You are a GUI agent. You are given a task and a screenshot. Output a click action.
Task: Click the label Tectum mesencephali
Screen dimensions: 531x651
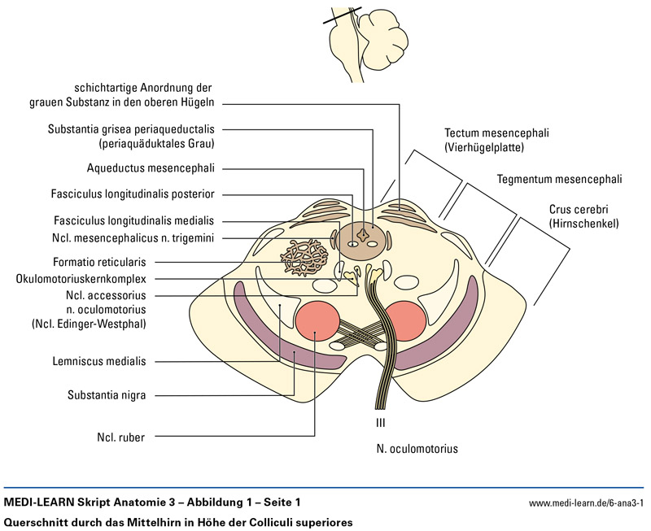[x=492, y=133]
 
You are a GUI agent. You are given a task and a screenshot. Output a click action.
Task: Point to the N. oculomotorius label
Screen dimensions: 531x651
[x=417, y=448]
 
